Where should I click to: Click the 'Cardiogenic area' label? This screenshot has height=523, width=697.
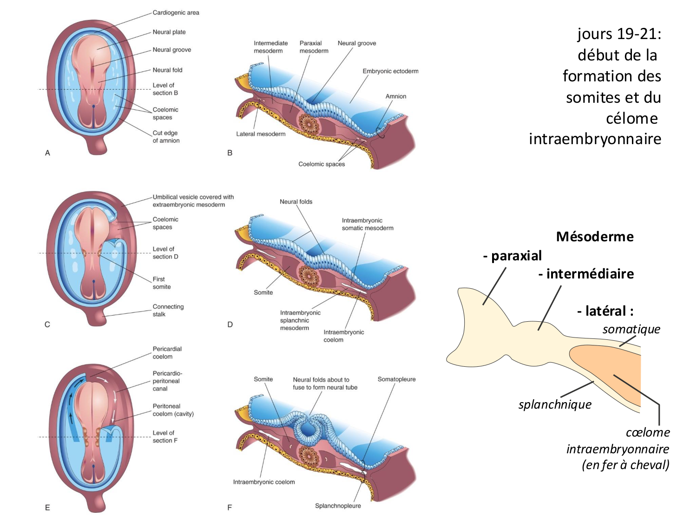[x=176, y=13]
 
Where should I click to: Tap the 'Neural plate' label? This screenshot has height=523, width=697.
[x=169, y=32]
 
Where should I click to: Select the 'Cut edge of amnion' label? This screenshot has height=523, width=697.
[x=166, y=137]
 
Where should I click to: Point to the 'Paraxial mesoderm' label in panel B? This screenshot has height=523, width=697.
[x=314, y=47]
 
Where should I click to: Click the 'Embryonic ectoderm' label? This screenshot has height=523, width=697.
[x=390, y=71]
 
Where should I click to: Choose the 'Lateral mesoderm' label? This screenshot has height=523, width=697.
[x=261, y=134]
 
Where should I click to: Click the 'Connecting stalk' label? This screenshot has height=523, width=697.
[x=168, y=311]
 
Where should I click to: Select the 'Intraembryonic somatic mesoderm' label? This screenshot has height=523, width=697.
[x=367, y=224]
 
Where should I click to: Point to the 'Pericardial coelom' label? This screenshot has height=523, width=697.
[x=167, y=353]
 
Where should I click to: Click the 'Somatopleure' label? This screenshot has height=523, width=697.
[x=396, y=379]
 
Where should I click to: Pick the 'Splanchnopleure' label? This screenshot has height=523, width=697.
[x=338, y=506]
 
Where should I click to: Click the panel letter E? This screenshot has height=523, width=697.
[x=47, y=508]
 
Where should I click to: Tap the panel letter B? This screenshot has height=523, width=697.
[x=230, y=153]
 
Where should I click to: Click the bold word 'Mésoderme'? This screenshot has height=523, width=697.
[x=595, y=237]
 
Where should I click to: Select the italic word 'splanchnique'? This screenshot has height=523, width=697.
[x=555, y=404]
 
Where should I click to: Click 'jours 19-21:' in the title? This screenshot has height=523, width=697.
[x=619, y=34]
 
